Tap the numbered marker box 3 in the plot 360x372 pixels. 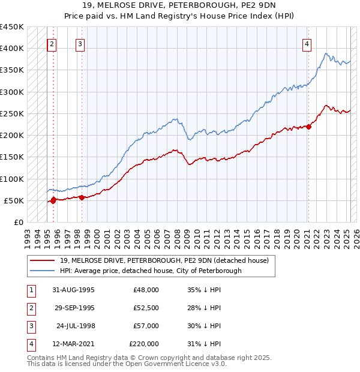80,43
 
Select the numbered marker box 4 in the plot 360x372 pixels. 307,43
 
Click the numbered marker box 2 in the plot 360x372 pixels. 52,43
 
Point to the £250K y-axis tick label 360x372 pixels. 12,113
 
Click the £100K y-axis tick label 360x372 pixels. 12,179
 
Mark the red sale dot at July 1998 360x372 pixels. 82,197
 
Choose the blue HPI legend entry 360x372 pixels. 150,271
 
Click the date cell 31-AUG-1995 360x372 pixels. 74,290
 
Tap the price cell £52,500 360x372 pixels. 146,308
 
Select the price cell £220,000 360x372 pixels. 144,344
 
